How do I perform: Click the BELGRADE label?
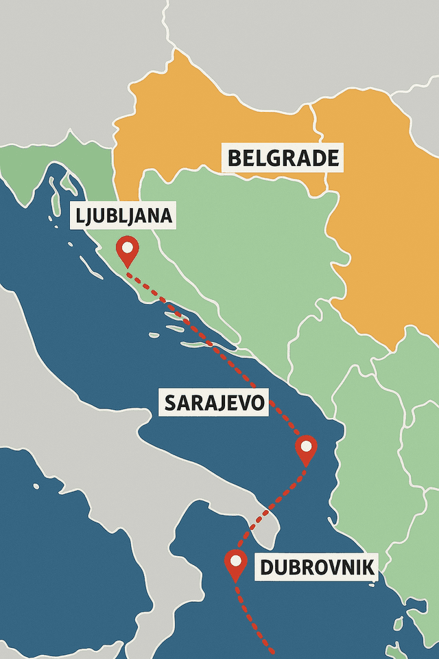tap(283, 159)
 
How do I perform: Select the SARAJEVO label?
tap(215, 403)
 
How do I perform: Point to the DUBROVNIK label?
tap(317, 568)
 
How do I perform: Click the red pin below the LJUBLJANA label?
tap(128, 250)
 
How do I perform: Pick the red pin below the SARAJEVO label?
tap(306, 450)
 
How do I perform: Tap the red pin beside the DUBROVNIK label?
tap(235, 564)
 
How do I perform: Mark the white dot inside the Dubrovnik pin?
tap(235, 560)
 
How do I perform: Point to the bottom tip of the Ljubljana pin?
tap(128, 266)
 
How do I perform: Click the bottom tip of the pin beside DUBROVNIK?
tap(235, 581)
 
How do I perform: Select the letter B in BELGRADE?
tap(233, 159)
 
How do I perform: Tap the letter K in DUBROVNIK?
tap(368, 568)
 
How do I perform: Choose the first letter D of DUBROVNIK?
tap(266, 568)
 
